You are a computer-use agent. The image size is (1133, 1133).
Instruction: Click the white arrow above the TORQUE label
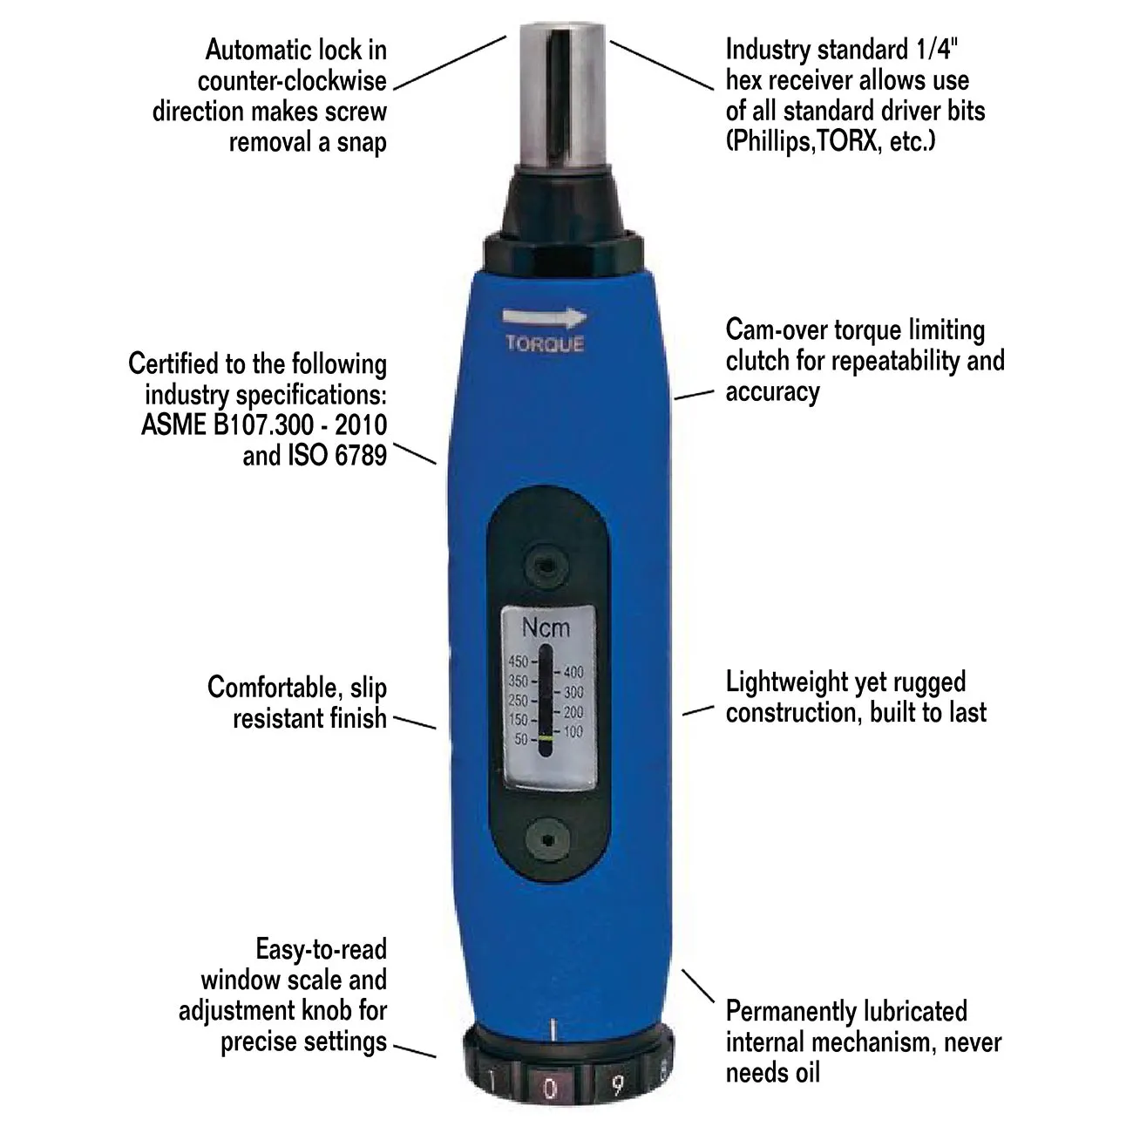(544, 317)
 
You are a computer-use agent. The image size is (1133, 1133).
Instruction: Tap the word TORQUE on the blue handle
(545, 343)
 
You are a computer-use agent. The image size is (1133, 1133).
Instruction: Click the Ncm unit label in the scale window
(546, 628)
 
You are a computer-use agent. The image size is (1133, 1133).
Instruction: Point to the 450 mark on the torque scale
(518, 661)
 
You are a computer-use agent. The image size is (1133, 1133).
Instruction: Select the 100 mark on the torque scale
(573, 731)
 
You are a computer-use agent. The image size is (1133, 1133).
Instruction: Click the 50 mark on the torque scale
(521, 739)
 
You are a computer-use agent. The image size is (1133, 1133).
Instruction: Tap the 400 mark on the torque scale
(573, 671)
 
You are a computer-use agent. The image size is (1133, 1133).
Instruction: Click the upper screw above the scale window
(546, 566)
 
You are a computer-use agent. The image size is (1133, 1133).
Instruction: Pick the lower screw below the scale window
(547, 840)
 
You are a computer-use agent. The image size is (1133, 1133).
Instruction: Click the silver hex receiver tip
(563, 94)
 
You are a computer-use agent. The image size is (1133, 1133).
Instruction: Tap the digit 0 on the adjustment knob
(550, 1089)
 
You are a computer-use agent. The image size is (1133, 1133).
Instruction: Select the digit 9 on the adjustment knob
(617, 1085)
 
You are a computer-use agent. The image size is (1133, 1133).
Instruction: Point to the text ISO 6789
(337, 455)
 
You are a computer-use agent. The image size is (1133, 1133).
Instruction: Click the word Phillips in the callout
(770, 141)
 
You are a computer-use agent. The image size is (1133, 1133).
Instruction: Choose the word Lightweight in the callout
(786, 682)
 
